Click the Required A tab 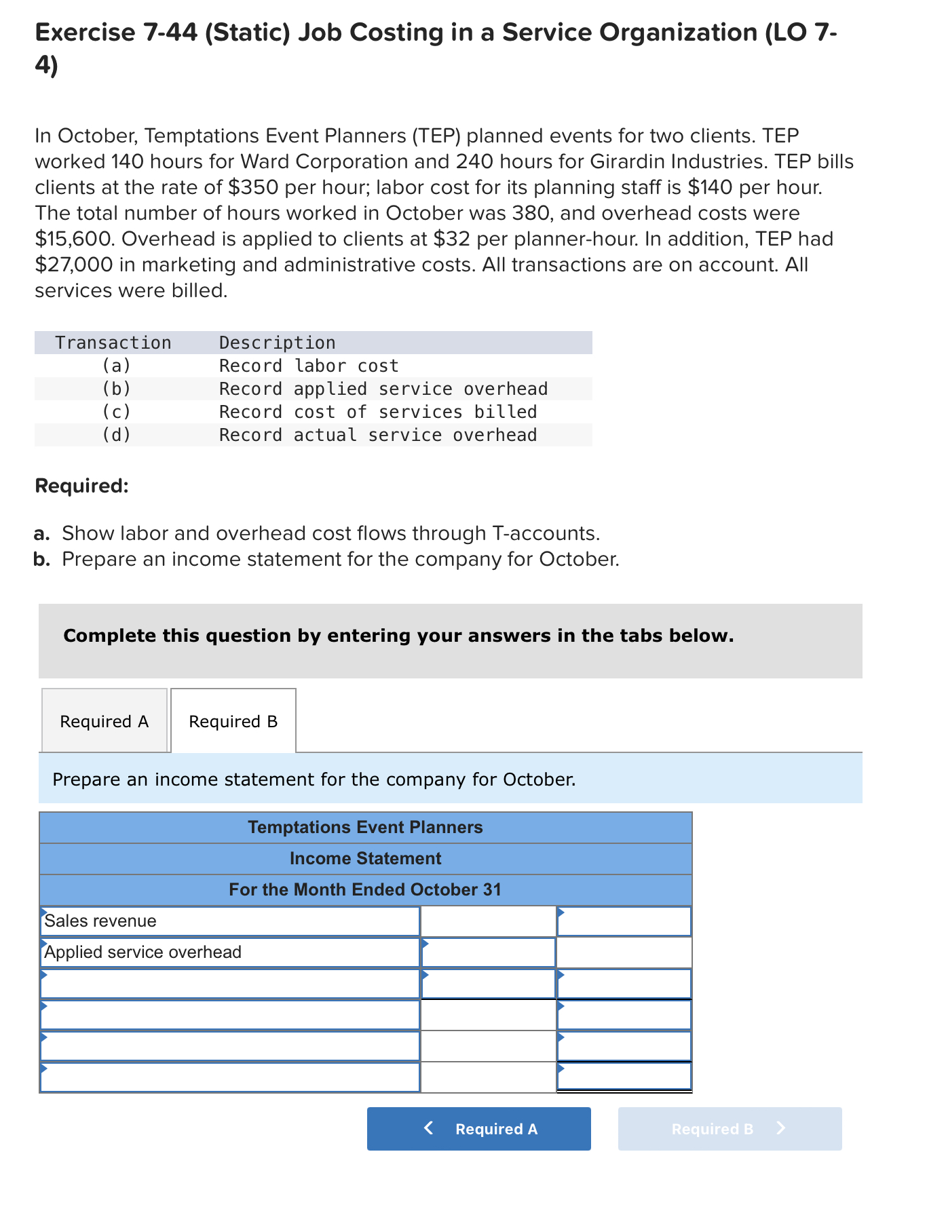point(104,721)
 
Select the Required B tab point(233,721)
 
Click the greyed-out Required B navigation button point(730,1129)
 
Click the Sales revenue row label point(100,921)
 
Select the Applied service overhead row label point(143,952)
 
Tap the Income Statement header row point(365,858)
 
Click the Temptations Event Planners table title point(365,827)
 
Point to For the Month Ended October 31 point(365,889)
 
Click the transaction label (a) point(116,366)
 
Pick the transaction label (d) point(116,435)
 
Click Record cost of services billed point(377,412)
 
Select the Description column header point(277,343)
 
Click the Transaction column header point(113,343)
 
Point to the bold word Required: point(81,486)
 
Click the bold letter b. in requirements point(42,559)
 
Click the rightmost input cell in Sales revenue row point(624,921)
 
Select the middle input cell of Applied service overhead point(488,952)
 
